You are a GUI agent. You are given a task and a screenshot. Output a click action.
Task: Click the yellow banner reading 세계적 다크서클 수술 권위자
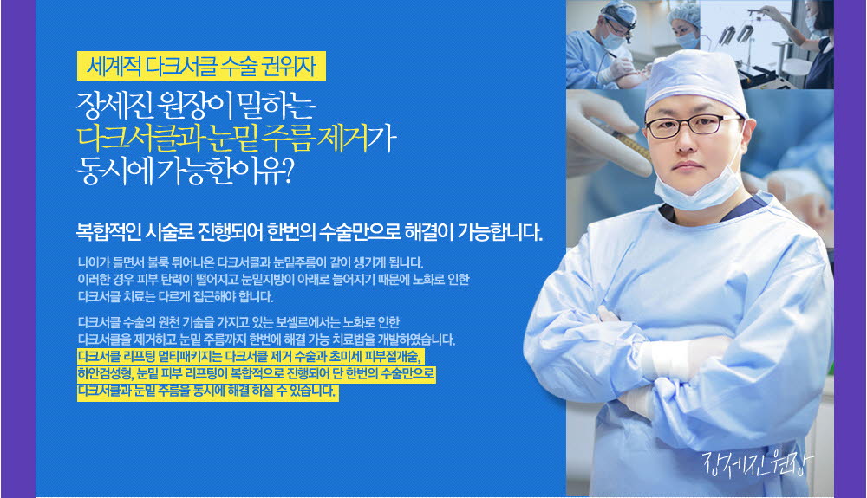tap(201, 66)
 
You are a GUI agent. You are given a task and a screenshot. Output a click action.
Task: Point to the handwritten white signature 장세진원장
tap(758, 463)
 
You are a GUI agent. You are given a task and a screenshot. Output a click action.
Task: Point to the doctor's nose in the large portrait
tap(688, 144)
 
